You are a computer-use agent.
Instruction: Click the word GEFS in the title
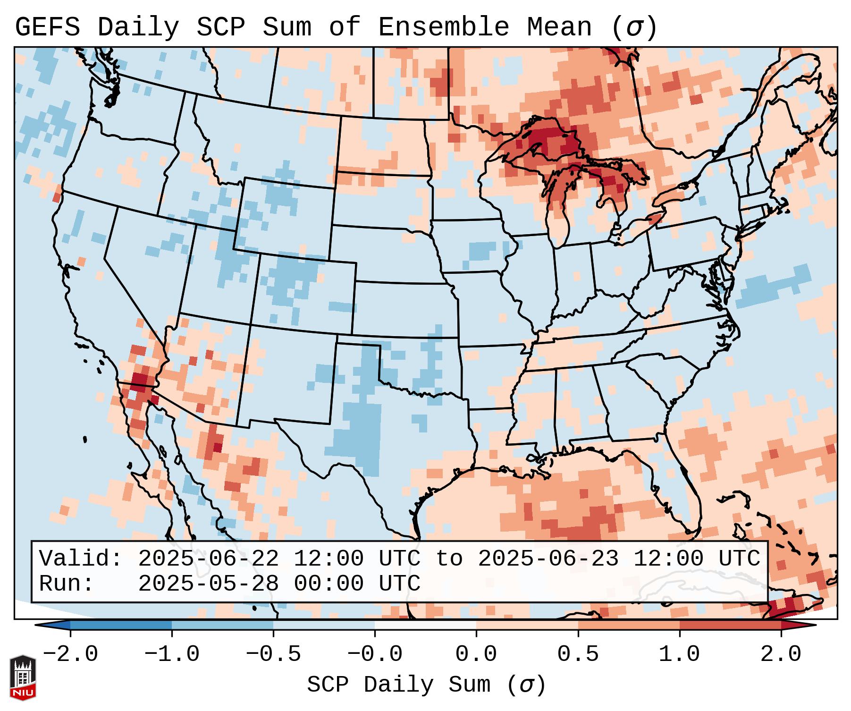tap(47, 27)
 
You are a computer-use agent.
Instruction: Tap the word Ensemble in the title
tap(444, 27)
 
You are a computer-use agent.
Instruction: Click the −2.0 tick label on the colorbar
tap(70, 654)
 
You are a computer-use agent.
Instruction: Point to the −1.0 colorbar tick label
tap(172, 654)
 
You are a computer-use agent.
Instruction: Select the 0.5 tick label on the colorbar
tap(578, 654)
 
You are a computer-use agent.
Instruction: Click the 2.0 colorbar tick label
tap(781, 654)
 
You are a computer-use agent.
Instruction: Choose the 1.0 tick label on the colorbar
tap(679, 654)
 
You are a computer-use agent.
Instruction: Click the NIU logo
tap(23, 677)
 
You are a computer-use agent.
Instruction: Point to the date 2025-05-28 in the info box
tap(208, 584)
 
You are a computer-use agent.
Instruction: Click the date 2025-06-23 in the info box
tap(548, 559)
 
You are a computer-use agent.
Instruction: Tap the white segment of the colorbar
tap(425, 625)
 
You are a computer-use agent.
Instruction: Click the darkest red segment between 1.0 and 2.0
tap(730, 625)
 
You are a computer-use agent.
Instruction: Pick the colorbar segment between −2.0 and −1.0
tap(121, 625)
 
